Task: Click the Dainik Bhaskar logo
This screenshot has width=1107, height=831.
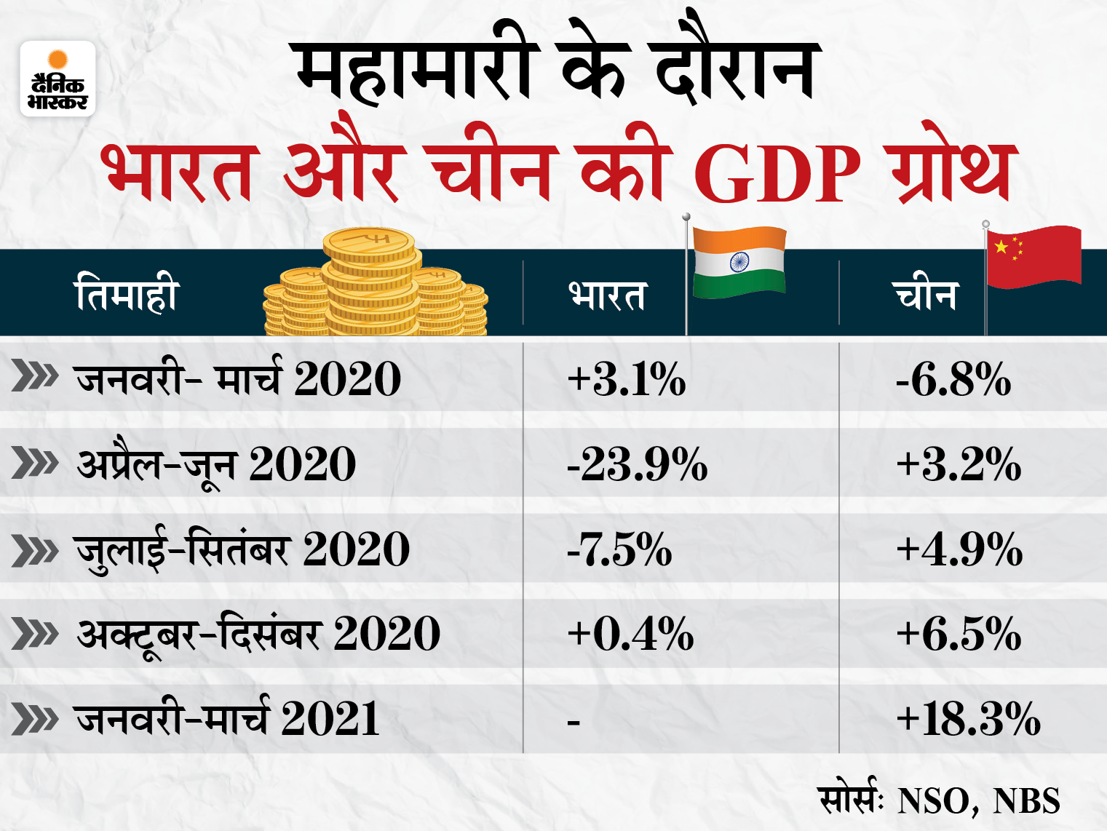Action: pyautogui.click(x=57, y=79)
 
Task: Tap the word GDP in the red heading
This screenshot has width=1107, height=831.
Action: pyautogui.click(x=777, y=175)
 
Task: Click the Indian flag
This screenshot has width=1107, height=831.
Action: pyautogui.click(x=739, y=262)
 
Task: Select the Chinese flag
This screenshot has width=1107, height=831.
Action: pyautogui.click(x=1033, y=256)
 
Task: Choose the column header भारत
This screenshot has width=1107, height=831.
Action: pyautogui.click(x=606, y=295)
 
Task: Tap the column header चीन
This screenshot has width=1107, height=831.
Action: pyautogui.click(x=924, y=295)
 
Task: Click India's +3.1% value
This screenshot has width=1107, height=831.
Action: pyautogui.click(x=626, y=379)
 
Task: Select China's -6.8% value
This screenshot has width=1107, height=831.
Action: pyautogui.click(x=953, y=379)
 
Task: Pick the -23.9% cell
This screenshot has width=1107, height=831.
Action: pyautogui.click(x=637, y=464)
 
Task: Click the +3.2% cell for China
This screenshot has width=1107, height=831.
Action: pyautogui.click(x=959, y=464)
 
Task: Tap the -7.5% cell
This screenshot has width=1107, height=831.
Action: pyautogui.click(x=619, y=549)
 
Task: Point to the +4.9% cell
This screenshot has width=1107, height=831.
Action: pyautogui.click(x=959, y=549)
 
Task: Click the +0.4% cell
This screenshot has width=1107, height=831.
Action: pyautogui.click(x=630, y=634)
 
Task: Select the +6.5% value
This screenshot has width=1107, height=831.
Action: pyautogui.click(x=959, y=634)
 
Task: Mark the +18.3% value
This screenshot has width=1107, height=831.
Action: pyautogui.click(x=968, y=719)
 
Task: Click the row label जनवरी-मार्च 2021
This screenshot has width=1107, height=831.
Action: pyautogui.click(x=227, y=719)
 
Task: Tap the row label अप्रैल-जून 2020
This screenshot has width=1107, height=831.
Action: pyautogui.click(x=216, y=464)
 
